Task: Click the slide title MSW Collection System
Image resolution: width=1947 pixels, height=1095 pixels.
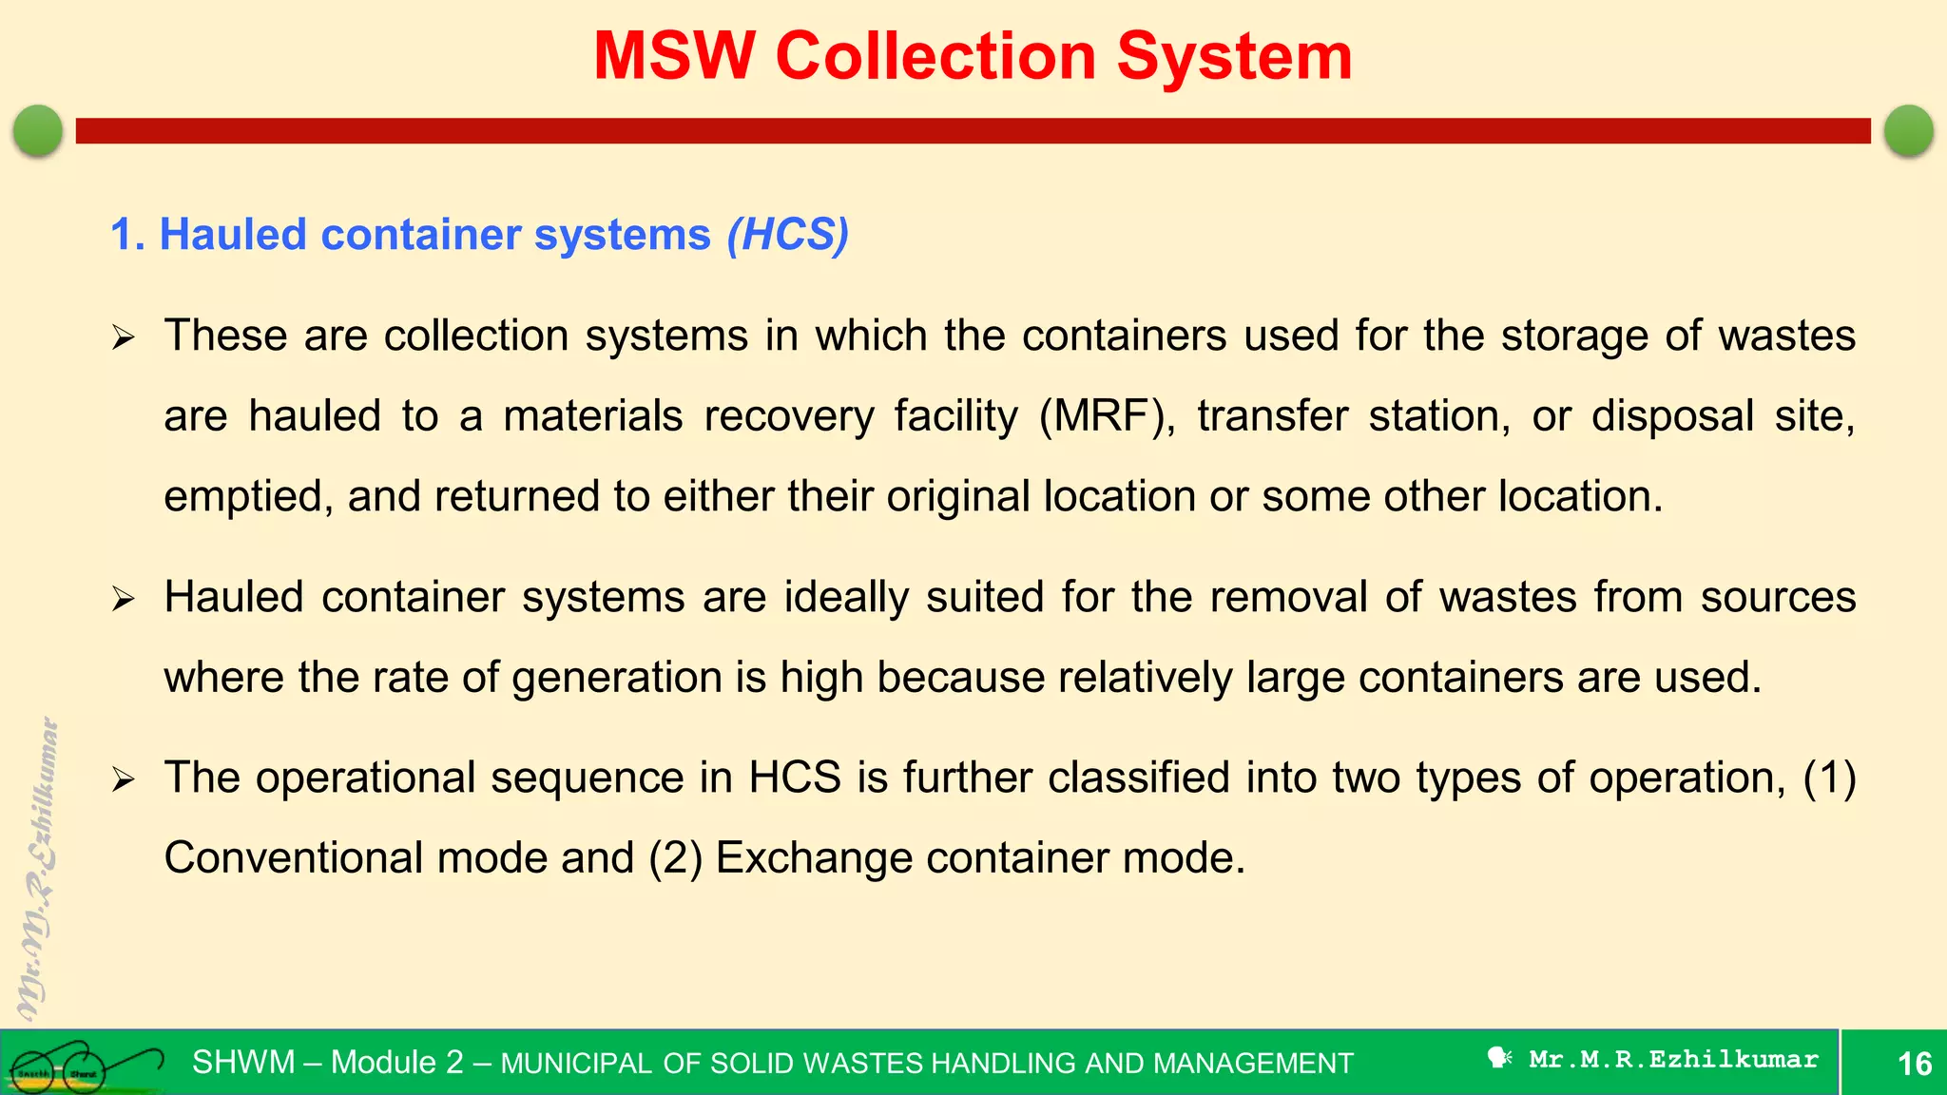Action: (x=973, y=56)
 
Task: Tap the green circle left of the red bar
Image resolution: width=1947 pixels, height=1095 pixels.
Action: (x=38, y=130)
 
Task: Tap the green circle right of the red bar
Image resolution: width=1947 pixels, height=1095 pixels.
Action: (x=1908, y=130)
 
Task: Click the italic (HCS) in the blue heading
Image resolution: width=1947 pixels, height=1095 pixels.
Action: (x=787, y=234)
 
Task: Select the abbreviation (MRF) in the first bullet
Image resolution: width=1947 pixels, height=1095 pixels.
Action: (x=1107, y=416)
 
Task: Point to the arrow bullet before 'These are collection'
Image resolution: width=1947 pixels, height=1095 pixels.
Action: (x=124, y=337)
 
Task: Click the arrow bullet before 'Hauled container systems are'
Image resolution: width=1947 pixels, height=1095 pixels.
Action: (x=124, y=599)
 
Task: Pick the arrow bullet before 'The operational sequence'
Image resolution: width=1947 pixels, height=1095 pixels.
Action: (x=124, y=779)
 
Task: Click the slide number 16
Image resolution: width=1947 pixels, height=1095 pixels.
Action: (x=1915, y=1063)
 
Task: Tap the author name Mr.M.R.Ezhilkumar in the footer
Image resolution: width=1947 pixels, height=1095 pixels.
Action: (x=1673, y=1059)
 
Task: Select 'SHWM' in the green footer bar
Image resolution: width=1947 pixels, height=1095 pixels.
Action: (x=243, y=1062)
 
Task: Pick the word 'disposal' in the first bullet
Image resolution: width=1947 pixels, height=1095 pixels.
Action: (x=1672, y=416)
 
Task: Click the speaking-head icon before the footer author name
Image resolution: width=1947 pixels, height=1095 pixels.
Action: (x=1499, y=1057)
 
